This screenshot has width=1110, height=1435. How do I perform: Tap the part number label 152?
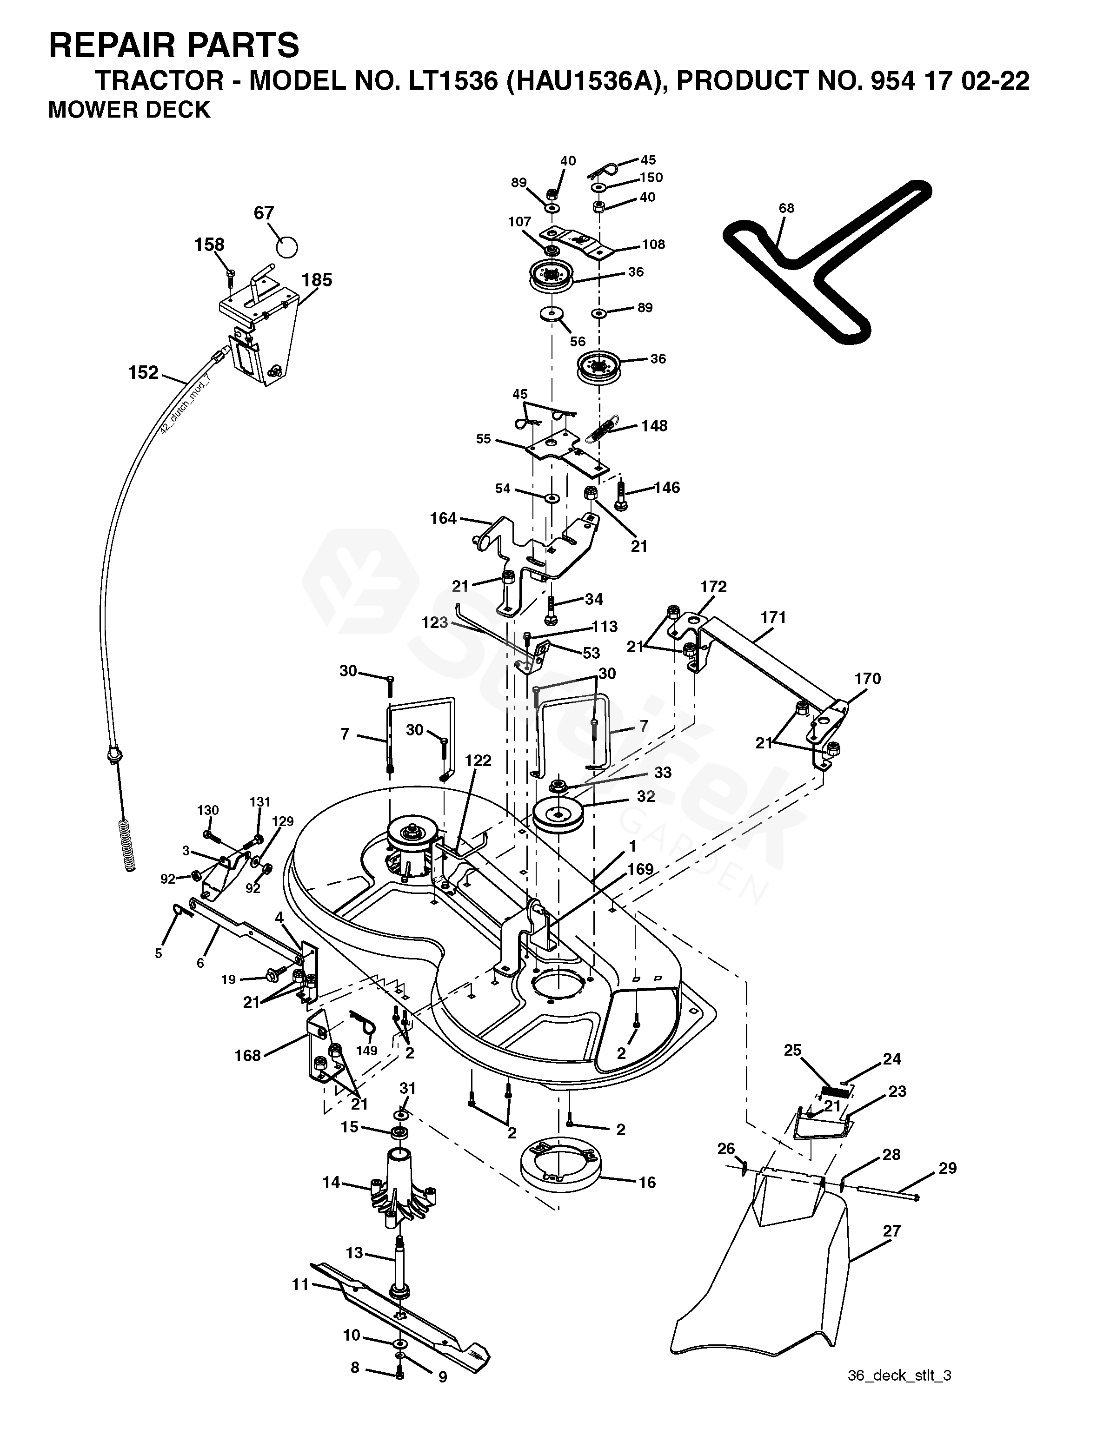143,373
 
